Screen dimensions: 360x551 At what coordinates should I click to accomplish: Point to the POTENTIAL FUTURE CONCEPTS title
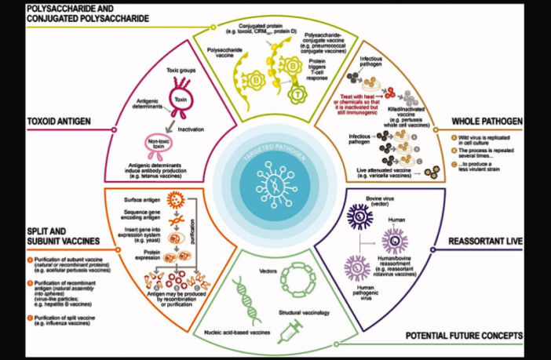[x=464, y=336]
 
